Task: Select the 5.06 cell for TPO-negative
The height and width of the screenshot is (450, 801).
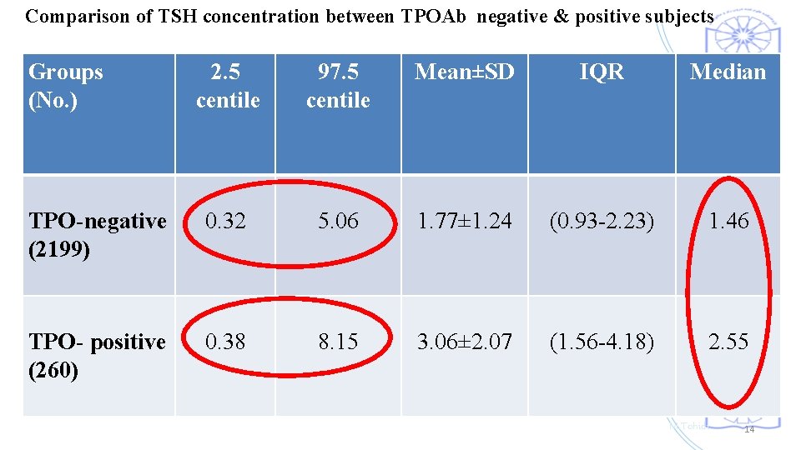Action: point(338,221)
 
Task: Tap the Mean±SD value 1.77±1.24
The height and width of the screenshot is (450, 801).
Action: point(465,221)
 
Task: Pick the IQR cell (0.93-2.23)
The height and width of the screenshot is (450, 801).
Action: point(601,221)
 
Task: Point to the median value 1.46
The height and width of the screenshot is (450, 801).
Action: point(728,221)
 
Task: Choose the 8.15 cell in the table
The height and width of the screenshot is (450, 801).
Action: point(338,342)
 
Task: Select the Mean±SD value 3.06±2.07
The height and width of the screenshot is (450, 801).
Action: point(465,342)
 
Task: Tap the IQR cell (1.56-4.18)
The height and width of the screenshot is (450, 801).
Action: point(601,342)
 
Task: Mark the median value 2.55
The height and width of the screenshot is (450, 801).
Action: point(728,342)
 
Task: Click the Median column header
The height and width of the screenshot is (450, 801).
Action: point(728,72)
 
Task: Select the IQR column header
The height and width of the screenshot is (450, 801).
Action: point(601,72)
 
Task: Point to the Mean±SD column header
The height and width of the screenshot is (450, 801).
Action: point(465,72)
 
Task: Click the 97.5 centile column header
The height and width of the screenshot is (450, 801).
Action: point(338,86)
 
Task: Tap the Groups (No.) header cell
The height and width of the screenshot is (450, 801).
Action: point(66,86)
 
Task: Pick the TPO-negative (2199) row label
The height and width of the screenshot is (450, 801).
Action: point(97,235)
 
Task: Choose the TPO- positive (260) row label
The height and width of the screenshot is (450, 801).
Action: point(97,356)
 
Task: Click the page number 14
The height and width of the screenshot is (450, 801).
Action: point(748,429)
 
